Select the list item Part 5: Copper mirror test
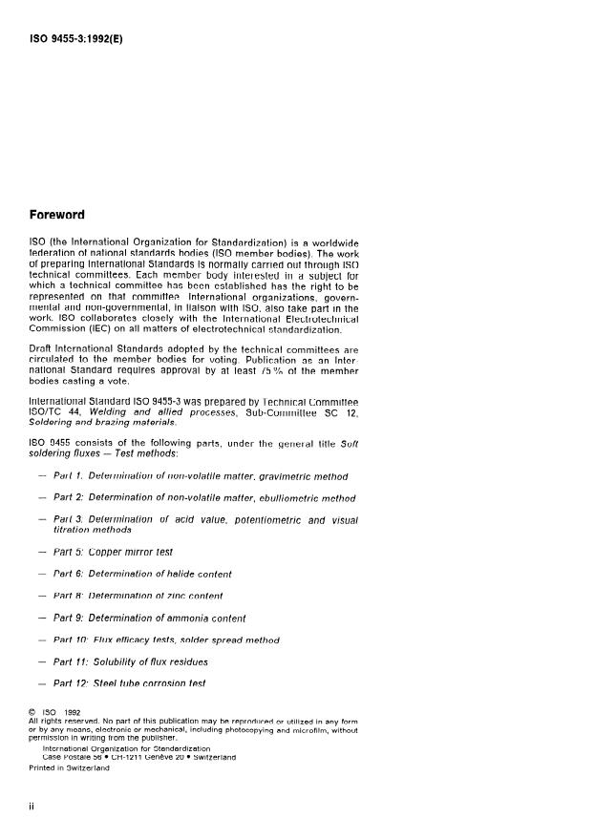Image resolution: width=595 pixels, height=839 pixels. pyautogui.click(x=116, y=552)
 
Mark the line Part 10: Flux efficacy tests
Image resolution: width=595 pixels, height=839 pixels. pyautogui.click(x=172, y=639)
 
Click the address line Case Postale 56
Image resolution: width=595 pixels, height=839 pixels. pyautogui.click(x=135, y=757)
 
